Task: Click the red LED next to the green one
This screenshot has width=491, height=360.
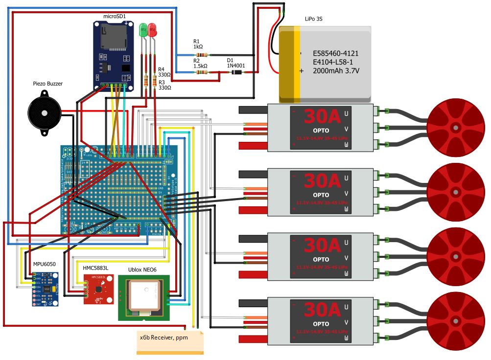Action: click(152, 30)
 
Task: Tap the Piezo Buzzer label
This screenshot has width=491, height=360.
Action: click(47, 84)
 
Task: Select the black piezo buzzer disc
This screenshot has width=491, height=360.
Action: click(44, 112)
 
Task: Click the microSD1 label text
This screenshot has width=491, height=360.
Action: click(115, 16)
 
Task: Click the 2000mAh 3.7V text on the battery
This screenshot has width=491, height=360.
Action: click(336, 71)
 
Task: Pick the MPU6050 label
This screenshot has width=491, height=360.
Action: click(44, 264)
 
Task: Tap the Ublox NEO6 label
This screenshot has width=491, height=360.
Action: click(144, 270)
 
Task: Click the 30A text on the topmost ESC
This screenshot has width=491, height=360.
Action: click(322, 116)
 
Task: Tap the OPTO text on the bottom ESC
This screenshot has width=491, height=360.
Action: click(321, 323)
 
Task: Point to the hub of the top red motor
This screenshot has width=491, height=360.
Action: click(456, 128)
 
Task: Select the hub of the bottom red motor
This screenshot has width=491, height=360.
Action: click(456, 321)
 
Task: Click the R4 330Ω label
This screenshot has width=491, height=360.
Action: click(164, 72)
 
